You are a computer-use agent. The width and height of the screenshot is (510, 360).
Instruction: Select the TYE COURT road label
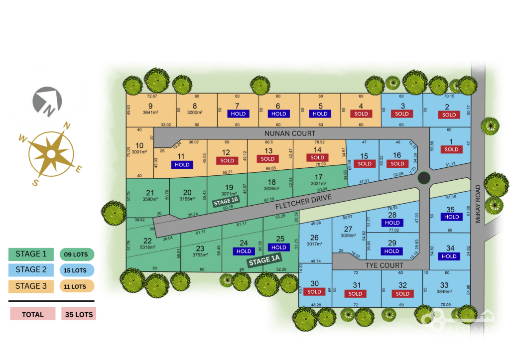point(384,265)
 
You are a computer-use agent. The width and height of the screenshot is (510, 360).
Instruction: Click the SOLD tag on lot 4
point(361,114)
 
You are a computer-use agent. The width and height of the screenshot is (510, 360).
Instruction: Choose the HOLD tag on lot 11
point(182,164)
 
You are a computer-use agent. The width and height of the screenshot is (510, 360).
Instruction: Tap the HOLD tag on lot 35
point(451,217)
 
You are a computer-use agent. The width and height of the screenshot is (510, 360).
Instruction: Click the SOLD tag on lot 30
point(314,291)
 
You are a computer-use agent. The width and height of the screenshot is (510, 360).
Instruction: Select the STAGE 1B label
point(227,202)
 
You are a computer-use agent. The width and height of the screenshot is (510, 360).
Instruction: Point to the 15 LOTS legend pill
point(77,270)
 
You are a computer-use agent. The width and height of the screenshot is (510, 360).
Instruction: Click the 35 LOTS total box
point(79,314)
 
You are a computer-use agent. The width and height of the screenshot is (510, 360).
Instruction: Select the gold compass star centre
point(51,154)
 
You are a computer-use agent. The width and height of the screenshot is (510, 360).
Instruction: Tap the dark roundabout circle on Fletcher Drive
point(423,178)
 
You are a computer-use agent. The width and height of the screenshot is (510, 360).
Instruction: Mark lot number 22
point(147,240)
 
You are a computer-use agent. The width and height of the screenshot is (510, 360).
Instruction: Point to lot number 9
point(150,106)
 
